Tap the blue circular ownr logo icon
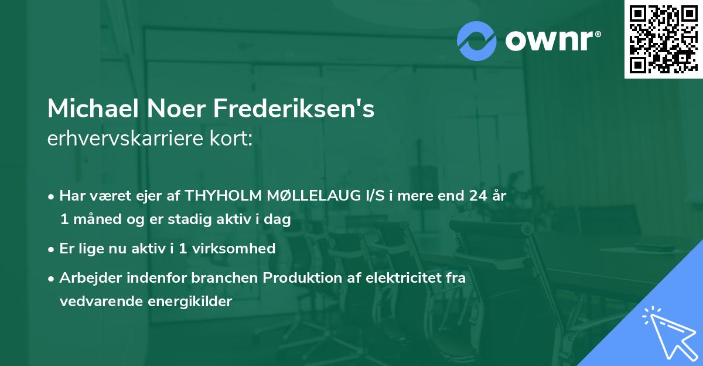[477, 41]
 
